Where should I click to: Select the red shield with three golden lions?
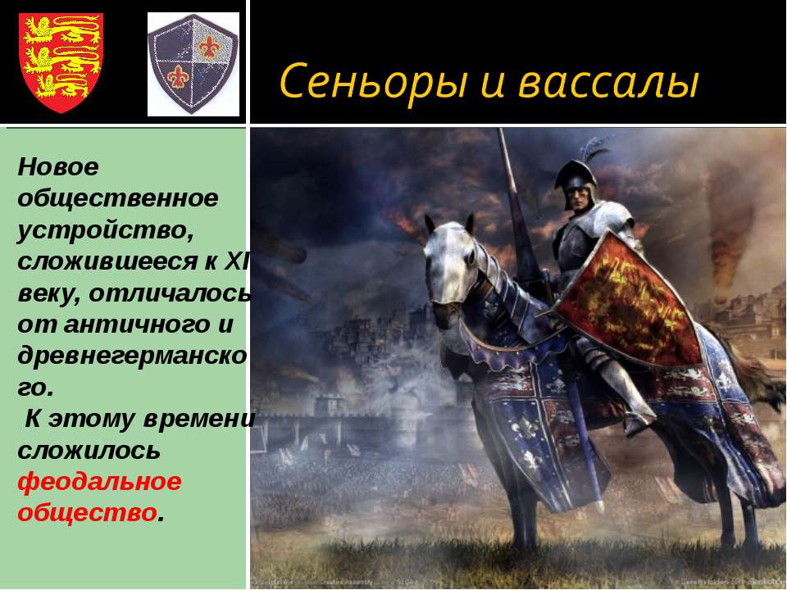click(61, 61)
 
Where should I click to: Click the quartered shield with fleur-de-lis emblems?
click(193, 63)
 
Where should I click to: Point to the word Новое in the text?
click(58, 167)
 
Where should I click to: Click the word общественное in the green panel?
click(118, 197)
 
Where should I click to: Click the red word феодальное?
click(99, 481)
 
